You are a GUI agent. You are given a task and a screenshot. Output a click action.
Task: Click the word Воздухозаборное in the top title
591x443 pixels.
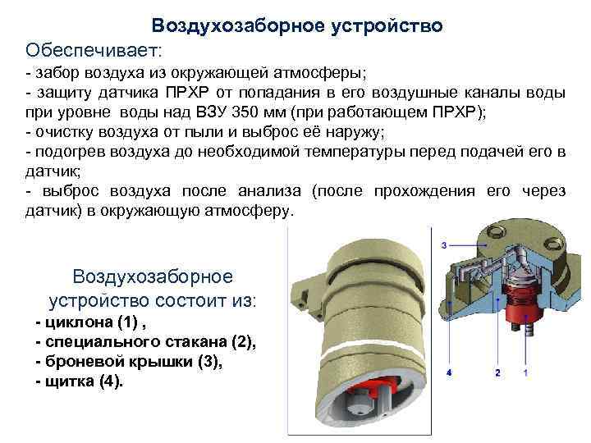(238, 25)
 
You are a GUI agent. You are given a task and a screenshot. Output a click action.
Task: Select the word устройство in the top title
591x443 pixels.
(387, 26)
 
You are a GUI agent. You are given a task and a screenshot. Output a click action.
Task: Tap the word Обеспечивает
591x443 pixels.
(94, 51)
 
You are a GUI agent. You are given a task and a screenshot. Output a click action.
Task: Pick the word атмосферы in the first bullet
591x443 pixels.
(319, 73)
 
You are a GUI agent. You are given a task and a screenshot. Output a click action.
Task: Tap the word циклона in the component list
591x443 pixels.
(79, 322)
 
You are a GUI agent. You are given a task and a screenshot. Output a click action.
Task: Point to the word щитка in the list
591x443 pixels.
(70, 381)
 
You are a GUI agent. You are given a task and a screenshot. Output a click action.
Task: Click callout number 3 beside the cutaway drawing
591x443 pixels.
(444, 245)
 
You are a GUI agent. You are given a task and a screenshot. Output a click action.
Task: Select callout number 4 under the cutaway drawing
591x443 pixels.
(449, 373)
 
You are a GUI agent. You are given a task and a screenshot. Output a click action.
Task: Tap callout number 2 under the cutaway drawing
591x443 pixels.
(497, 373)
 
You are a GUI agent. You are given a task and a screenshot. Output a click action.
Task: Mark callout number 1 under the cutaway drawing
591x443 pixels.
(526, 373)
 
